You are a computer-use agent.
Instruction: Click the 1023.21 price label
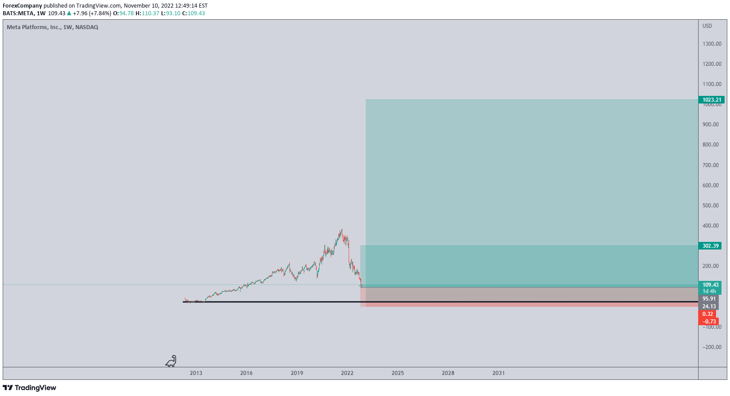click(x=712, y=100)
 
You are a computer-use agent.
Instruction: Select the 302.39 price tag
click(x=710, y=245)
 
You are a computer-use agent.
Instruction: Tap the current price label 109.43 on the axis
click(x=710, y=285)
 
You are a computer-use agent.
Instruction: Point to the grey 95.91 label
click(x=709, y=299)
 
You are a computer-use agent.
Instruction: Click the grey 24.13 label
click(x=709, y=306)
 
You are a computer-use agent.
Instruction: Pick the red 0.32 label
click(x=708, y=314)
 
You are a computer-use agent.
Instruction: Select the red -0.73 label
click(x=709, y=322)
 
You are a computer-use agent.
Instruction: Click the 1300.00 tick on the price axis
click(x=712, y=44)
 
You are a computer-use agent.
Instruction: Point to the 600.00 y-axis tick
click(x=711, y=185)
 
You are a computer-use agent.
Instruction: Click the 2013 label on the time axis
click(x=196, y=373)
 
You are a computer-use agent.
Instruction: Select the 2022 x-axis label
click(x=347, y=373)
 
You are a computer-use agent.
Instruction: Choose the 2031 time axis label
click(x=498, y=373)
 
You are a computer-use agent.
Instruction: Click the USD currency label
click(x=707, y=26)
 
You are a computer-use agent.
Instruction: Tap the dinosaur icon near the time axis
click(x=171, y=361)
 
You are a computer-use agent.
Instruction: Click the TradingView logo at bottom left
click(x=30, y=388)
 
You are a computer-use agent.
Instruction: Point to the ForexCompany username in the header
click(x=22, y=6)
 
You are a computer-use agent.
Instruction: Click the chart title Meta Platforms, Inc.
click(x=34, y=27)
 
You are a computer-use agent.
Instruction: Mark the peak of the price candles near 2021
click(x=341, y=230)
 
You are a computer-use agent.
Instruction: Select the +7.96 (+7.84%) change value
click(x=92, y=13)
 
